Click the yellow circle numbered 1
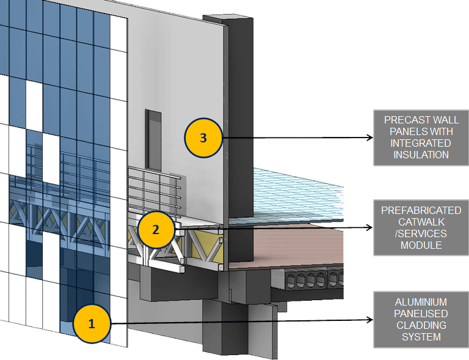click(92, 324)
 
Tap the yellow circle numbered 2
click(156, 229)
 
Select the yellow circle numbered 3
click(203, 138)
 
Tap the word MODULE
click(421, 245)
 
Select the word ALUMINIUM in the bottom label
click(421, 302)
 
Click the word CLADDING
click(421, 325)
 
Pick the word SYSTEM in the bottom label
click(421, 337)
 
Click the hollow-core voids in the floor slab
click(305, 281)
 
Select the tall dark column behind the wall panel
click(239, 122)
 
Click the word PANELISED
click(421, 314)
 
